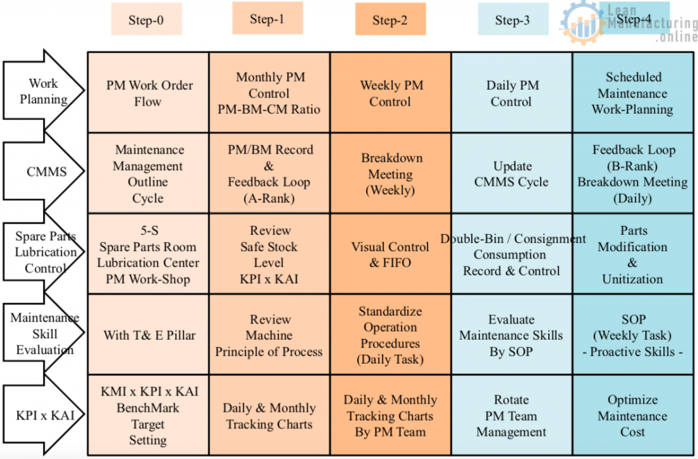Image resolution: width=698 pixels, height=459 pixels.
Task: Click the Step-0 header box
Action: pyautogui.click(x=147, y=19)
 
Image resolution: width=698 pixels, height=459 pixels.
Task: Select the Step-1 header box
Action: pyautogui.click(x=267, y=18)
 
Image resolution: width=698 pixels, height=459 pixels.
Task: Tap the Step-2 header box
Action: pyautogui.click(x=391, y=19)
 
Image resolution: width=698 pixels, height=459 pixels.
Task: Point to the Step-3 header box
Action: pyautogui.click(x=513, y=19)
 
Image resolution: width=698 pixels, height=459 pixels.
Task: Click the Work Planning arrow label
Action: pyautogui.click(x=44, y=91)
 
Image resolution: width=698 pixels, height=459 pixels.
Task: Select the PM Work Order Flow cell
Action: pyautogui.click(x=149, y=93)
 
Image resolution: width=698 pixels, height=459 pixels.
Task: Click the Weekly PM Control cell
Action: pyautogui.click(x=391, y=93)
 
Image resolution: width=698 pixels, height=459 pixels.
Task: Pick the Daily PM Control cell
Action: pyautogui.click(x=512, y=93)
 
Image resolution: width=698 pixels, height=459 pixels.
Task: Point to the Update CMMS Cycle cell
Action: pyautogui.click(x=512, y=174)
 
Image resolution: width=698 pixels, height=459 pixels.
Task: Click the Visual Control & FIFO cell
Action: pyautogui.click(x=391, y=254)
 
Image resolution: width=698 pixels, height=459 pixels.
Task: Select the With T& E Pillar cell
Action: pyautogui.click(x=149, y=334)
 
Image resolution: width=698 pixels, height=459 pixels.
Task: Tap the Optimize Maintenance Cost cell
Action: pyautogui.click(x=633, y=415)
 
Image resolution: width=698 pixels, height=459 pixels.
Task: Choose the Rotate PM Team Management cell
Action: pyautogui.click(x=512, y=415)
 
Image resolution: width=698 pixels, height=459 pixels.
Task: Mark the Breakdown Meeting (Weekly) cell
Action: pyautogui.click(x=391, y=174)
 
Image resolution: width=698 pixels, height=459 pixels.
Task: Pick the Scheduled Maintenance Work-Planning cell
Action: pyautogui.click(x=633, y=93)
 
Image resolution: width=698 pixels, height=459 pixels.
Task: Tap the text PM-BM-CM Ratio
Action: pyautogui.click(x=269, y=110)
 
